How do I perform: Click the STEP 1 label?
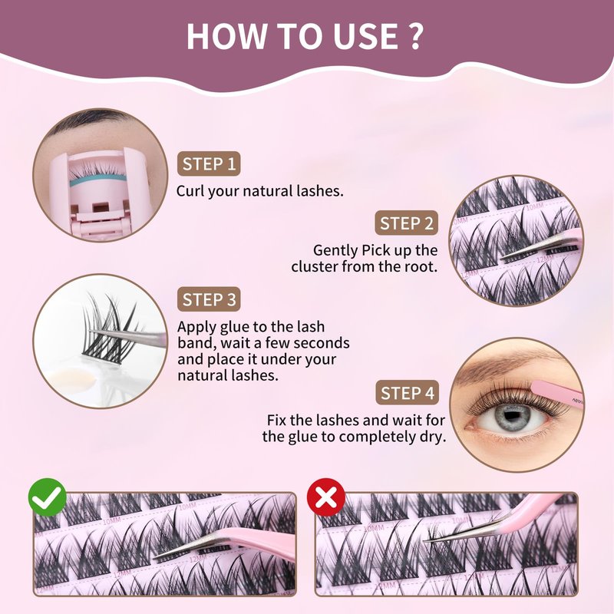(x=209, y=163)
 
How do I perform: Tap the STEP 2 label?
(x=407, y=223)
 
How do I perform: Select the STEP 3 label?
(x=209, y=299)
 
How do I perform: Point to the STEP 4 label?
(x=408, y=393)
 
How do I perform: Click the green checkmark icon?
(x=48, y=497)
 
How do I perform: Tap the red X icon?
(x=326, y=497)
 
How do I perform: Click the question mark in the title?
(x=417, y=36)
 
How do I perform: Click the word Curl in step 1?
(x=190, y=191)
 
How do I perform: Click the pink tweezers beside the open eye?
(x=556, y=394)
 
